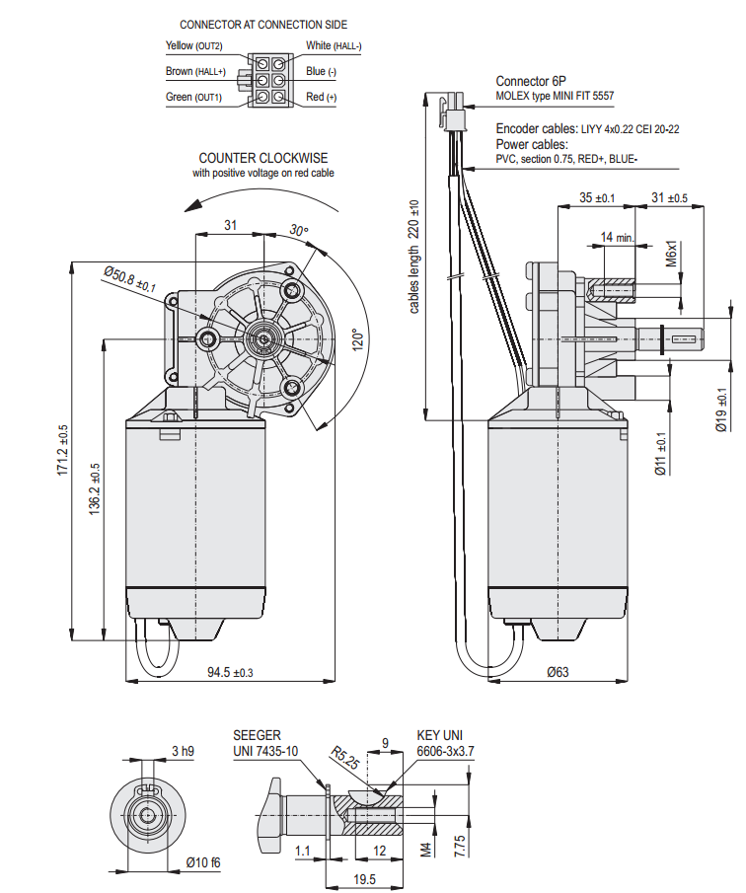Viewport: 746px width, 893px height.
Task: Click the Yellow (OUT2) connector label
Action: (x=193, y=45)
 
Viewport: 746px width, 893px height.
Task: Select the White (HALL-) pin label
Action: (x=334, y=45)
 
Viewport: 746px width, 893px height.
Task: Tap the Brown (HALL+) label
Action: (x=195, y=71)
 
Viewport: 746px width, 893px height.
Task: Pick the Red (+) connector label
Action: (x=321, y=97)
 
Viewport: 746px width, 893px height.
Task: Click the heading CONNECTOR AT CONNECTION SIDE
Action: (x=263, y=25)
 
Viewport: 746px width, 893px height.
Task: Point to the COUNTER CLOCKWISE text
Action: (x=263, y=158)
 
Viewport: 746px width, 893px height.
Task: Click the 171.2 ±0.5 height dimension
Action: (x=62, y=450)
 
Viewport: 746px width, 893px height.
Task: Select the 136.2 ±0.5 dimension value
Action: (x=95, y=488)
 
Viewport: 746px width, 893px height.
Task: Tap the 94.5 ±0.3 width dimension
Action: (x=230, y=673)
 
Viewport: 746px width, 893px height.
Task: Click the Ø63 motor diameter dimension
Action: (x=559, y=672)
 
